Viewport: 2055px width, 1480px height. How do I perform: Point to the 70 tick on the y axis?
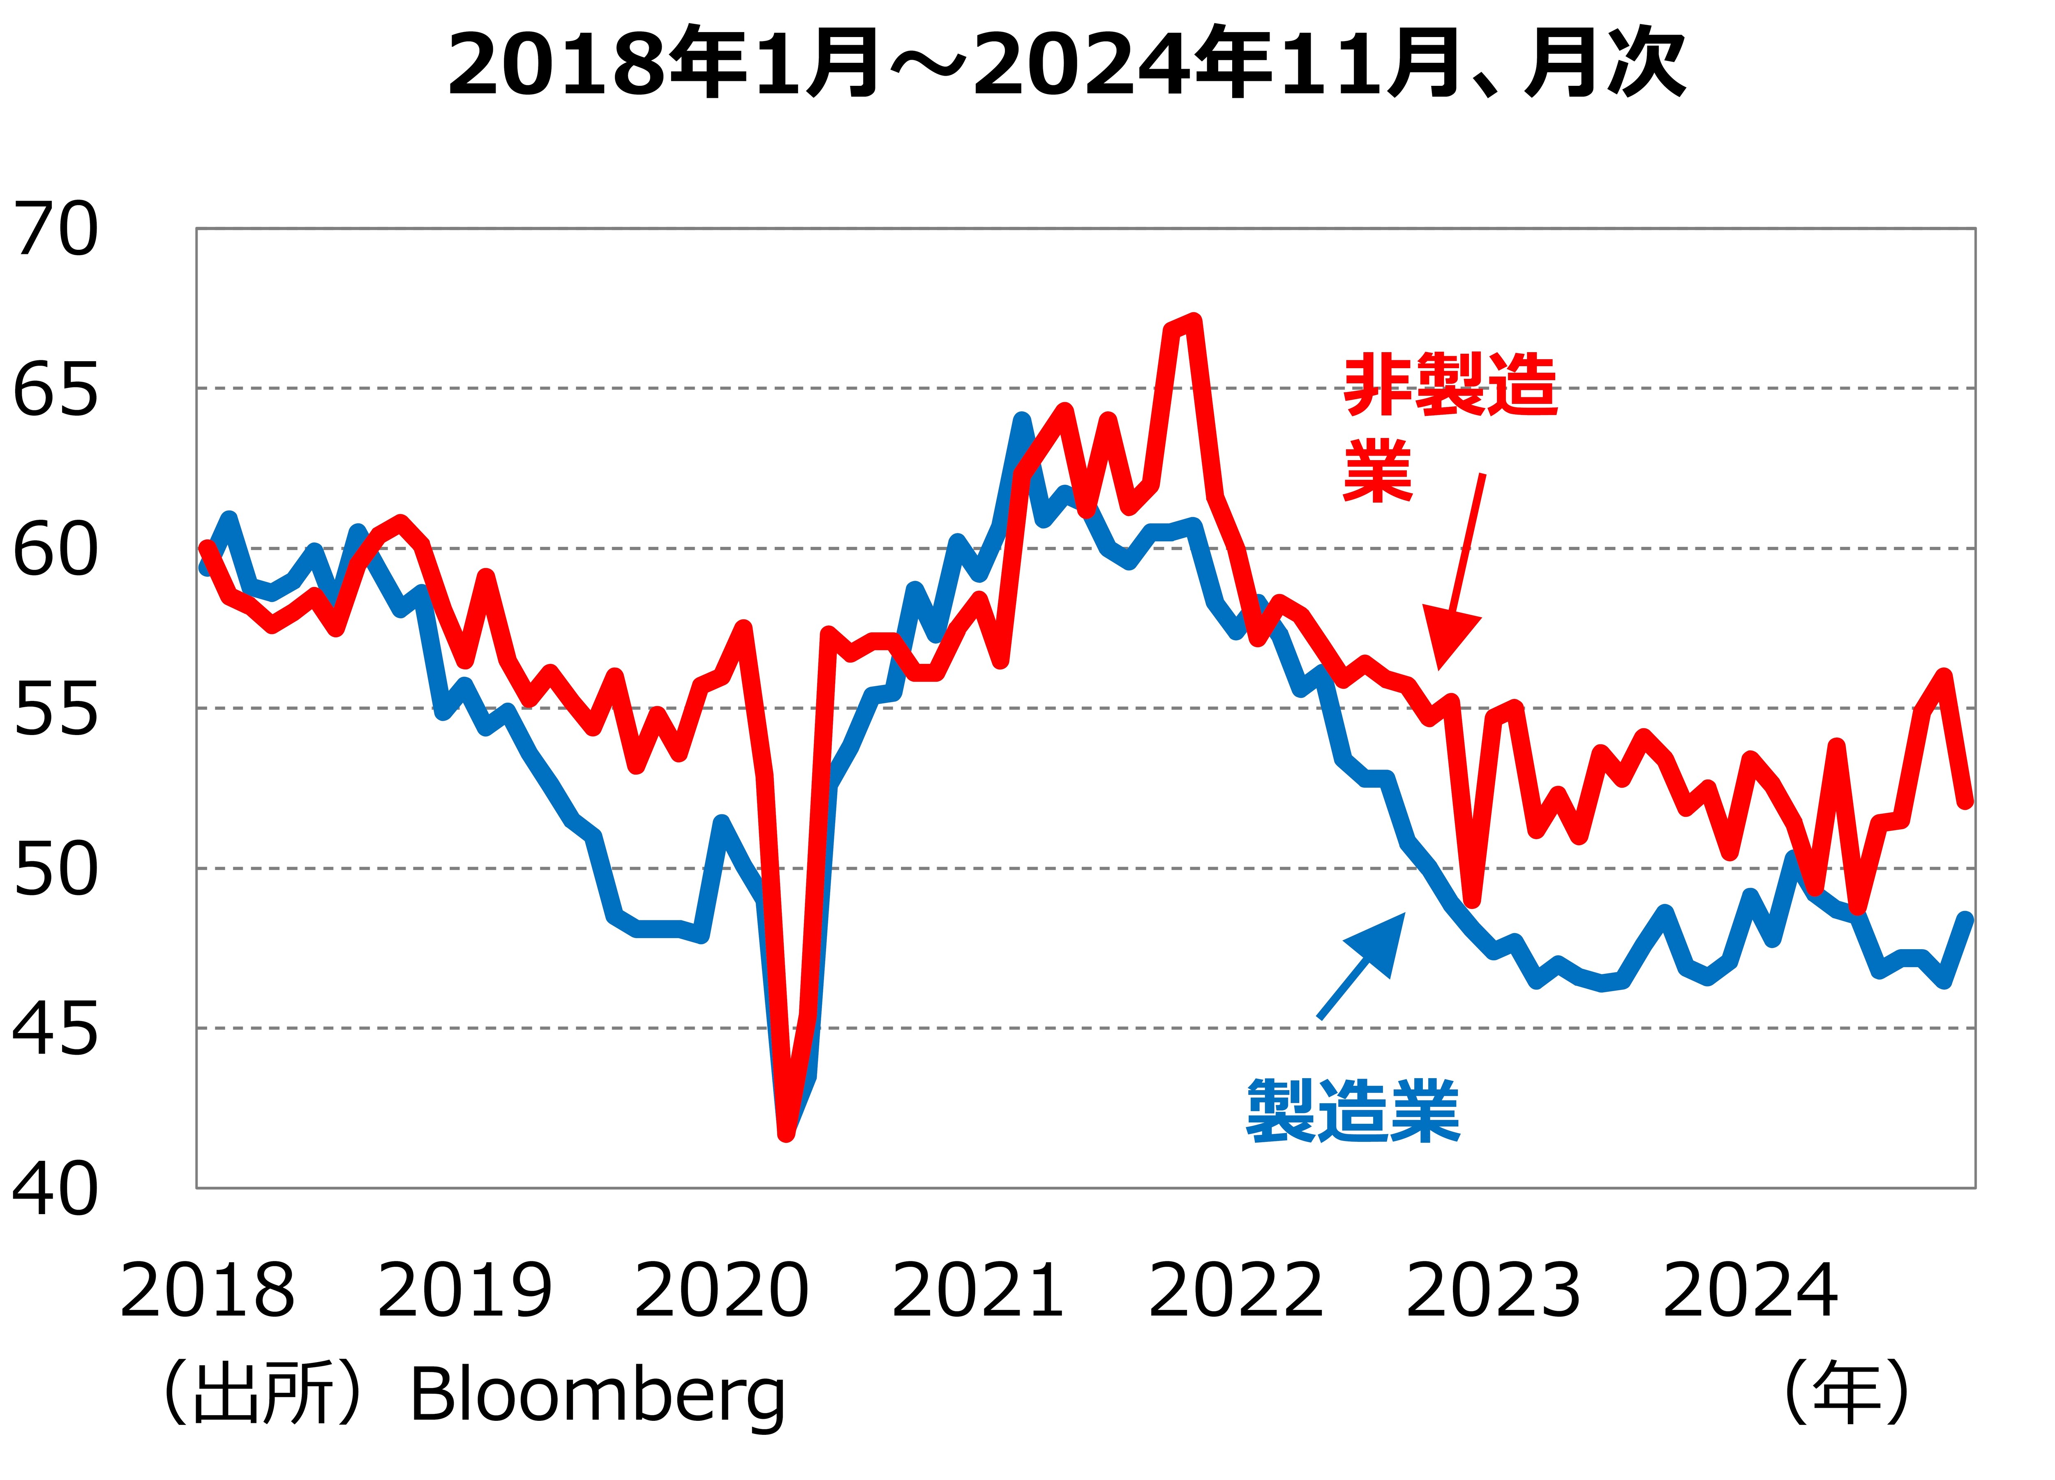[56, 230]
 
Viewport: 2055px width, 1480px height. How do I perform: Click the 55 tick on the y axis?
[56, 710]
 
